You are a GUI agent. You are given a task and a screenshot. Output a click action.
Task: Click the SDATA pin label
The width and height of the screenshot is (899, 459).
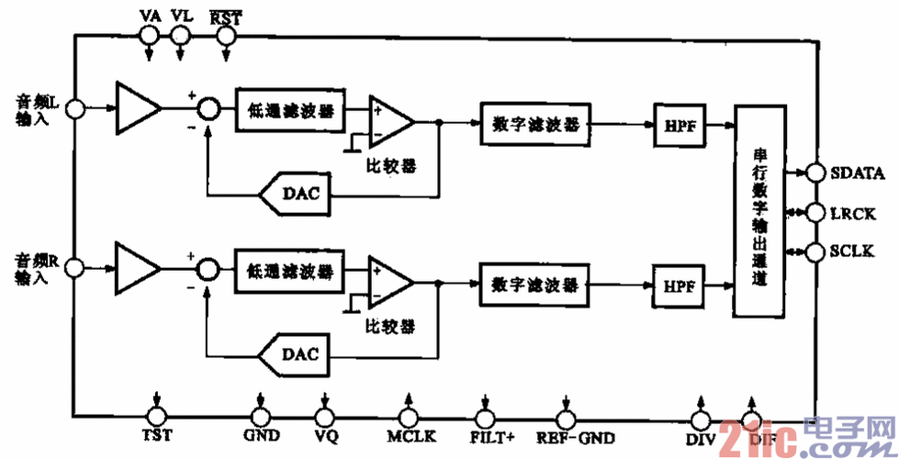(857, 172)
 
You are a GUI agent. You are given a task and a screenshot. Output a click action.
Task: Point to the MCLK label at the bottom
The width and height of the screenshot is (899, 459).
(410, 437)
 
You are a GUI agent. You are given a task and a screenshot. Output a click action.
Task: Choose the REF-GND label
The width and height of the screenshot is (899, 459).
(577, 437)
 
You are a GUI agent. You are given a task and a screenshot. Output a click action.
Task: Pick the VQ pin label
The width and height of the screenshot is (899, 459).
(326, 437)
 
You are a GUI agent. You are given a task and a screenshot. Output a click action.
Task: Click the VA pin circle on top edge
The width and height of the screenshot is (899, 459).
(148, 35)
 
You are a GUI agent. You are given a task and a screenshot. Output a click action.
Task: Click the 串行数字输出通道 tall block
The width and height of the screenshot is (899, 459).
(759, 211)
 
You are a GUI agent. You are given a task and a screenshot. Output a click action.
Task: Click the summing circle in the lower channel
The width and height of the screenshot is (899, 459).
(210, 269)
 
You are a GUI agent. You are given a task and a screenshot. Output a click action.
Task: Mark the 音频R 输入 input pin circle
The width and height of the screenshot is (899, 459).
(75, 268)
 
